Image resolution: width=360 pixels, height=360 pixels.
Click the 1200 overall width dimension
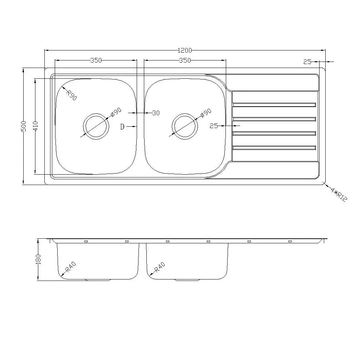click(x=185, y=50)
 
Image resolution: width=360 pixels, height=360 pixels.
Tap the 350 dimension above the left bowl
click(x=96, y=60)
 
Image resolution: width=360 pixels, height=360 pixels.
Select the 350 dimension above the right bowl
click(x=185, y=60)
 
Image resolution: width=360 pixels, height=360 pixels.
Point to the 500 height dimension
click(x=24, y=126)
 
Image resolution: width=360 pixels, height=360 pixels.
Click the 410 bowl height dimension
click(x=36, y=126)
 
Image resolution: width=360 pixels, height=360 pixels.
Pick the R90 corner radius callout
click(x=72, y=95)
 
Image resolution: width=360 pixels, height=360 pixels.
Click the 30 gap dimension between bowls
click(x=156, y=113)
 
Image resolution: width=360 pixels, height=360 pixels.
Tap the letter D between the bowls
click(x=122, y=127)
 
